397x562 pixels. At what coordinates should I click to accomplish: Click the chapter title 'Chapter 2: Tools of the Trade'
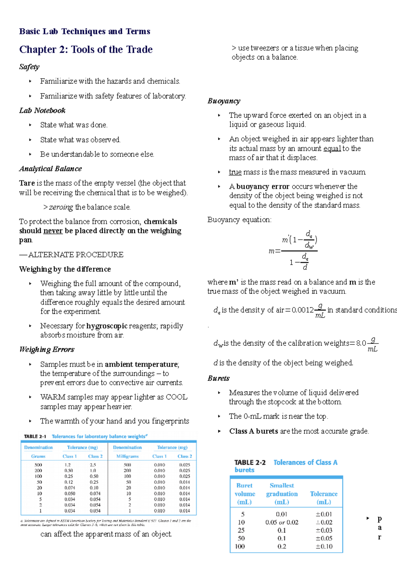[x=86, y=50]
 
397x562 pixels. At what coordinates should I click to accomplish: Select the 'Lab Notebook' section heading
[x=42, y=111]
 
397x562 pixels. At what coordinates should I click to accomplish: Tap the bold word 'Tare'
[x=27, y=183]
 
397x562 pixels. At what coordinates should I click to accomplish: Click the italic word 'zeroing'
[x=61, y=207]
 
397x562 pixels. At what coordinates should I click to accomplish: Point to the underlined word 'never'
[x=53, y=231]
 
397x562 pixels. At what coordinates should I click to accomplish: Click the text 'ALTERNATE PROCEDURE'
[x=76, y=255]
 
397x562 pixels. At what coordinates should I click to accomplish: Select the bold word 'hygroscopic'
[x=107, y=326]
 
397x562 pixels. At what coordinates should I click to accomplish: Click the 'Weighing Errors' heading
[x=47, y=350]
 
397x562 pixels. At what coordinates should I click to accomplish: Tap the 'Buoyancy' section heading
[x=224, y=101]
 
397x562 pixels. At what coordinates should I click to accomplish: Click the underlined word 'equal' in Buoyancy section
[x=332, y=148]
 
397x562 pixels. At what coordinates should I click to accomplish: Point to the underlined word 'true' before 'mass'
[x=235, y=172]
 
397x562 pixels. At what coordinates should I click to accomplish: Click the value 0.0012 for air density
[x=302, y=310]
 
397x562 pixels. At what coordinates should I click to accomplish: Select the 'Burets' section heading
[x=218, y=378]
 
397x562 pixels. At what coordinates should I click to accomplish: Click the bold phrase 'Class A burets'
[x=253, y=431]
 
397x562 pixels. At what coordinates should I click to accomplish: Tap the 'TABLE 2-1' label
[x=35, y=436]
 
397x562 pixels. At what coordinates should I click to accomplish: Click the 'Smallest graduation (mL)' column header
[x=282, y=493]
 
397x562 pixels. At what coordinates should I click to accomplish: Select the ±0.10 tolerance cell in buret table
[x=324, y=546]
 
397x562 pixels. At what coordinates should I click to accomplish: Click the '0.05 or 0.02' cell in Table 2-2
[x=282, y=522]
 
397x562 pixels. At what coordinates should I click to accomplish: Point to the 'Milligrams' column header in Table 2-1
[x=127, y=456]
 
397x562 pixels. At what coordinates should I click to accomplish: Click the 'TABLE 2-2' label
[x=250, y=462]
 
